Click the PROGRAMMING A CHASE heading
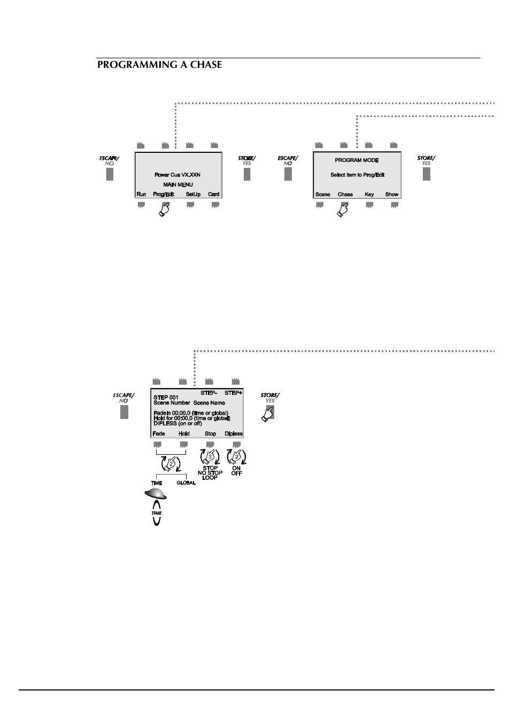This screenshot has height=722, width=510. click(x=159, y=65)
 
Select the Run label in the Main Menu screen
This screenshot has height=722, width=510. click(x=141, y=195)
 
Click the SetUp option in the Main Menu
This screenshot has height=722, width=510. click(x=193, y=195)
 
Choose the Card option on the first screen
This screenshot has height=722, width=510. click(x=214, y=195)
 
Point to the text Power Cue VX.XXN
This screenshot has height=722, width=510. click(x=177, y=175)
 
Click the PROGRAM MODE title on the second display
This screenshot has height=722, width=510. click(x=357, y=160)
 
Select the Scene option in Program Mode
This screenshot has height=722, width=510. click(x=323, y=195)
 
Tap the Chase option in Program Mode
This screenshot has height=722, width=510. click(x=345, y=195)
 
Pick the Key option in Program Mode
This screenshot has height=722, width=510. click(x=369, y=195)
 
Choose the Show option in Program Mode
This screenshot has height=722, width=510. click(x=392, y=195)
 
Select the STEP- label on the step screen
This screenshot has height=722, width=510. click(x=208, y=393)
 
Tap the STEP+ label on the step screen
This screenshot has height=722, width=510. click(x=234, y=393)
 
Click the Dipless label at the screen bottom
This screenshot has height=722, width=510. click(x=234, y=434)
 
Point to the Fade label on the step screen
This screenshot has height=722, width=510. click(x=159, y=434)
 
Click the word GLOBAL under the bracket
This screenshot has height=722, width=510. click(x=187, y=483)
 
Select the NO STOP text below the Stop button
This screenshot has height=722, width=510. click(x=210, y=473)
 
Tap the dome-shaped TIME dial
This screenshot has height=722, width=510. click(x=156, y=494)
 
